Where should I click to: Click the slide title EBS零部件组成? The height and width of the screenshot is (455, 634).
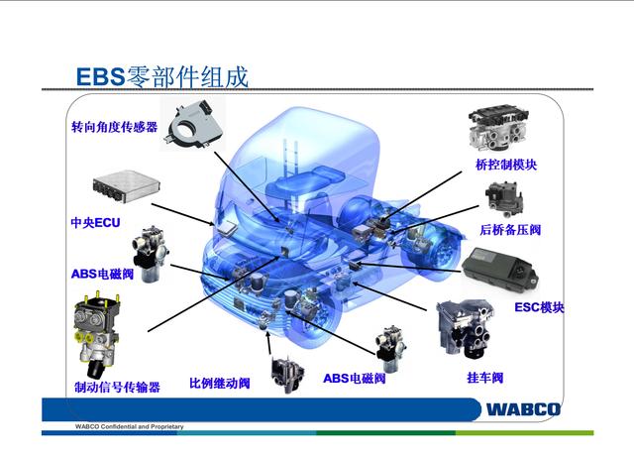click(162, 76)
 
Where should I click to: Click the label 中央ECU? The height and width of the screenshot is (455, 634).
click(95, 222)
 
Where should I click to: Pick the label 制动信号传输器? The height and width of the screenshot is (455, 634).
click(117, 388)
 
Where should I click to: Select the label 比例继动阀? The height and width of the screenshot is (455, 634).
click(219, 384)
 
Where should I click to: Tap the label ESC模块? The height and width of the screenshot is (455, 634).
click(539, 307)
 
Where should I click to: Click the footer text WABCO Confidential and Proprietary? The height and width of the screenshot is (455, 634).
click(129, 426)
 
